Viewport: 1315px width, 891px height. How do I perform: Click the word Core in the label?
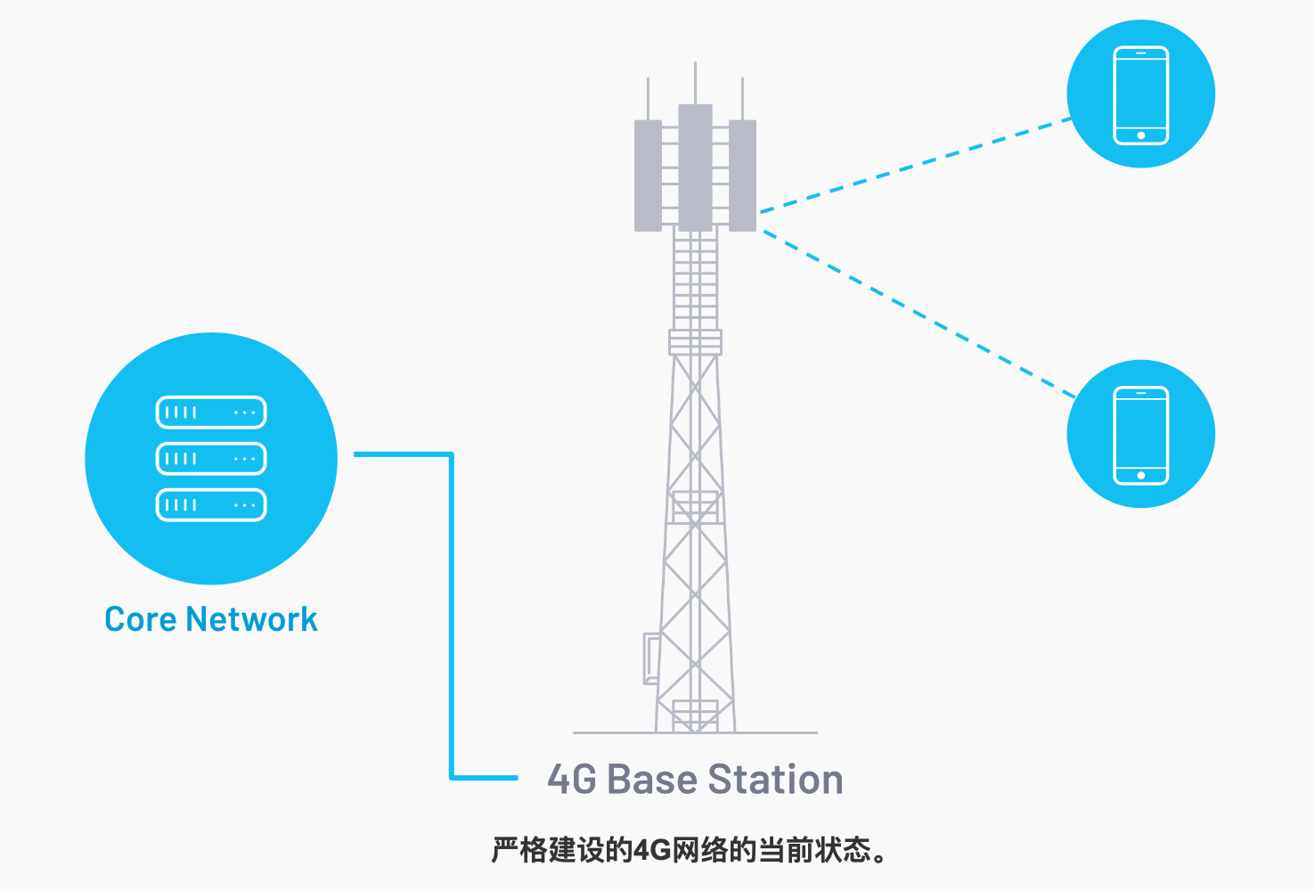coord(137,619)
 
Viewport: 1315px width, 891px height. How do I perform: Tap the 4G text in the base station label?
coord(572,780)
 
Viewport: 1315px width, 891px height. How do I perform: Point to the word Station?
coord(776,780)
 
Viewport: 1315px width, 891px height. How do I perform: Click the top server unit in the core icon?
coord(211,413)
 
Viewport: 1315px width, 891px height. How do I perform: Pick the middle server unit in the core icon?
coord(211,459)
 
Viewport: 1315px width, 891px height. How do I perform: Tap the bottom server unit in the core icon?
coord(211,505)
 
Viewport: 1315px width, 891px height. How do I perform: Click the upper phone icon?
coord(1141,94)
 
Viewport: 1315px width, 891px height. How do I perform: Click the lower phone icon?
coord(1141,434)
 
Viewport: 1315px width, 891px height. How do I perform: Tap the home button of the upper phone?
coord(1141,135)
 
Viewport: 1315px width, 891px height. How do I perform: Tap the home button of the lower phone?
coord(1141,476)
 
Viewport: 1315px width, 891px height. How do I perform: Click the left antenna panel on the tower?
coord(648,176)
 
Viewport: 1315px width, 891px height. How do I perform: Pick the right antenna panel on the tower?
coord(742,176)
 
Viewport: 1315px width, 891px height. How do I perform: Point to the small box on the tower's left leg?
coord(651,658)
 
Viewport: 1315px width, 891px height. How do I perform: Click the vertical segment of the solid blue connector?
coord(452,615)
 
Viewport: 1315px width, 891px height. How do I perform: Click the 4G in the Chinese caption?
coord(652,850)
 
